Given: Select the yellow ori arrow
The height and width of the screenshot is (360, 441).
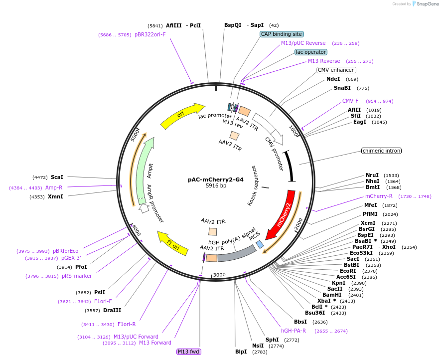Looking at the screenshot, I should (x=182, y=116).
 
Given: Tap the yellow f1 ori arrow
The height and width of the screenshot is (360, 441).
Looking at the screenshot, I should (x=172, y=242).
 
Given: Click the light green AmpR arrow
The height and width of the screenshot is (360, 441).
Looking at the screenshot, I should (x=145, y=170).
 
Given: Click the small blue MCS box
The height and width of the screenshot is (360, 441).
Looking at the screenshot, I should (x=260, y=244).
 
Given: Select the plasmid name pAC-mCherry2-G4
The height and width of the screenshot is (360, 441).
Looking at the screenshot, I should (x=215, y=180).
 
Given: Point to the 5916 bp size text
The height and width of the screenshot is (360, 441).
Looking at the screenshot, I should (x=216, y=186).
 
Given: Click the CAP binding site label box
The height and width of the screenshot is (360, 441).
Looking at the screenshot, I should (x=282, y=34).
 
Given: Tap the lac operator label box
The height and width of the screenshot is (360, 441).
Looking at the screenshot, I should (x=311, y=52).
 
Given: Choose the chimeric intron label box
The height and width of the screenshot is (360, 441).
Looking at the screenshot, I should (x=381, y=151).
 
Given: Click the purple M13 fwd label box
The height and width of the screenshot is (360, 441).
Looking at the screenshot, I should (x=189, y=352).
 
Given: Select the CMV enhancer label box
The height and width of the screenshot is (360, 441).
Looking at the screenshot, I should (x=336, y=70).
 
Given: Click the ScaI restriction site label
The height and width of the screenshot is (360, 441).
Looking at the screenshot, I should (x=57, y=177).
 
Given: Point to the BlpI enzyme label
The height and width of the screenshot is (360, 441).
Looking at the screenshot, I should (x=241, y=352).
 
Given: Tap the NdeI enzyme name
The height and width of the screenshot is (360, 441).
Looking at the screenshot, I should (x=333, y=79).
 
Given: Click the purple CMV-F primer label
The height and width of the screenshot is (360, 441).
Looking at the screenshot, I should (x=350, y=101).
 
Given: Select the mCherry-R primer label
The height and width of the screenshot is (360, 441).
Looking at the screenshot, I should (x=379, y=196).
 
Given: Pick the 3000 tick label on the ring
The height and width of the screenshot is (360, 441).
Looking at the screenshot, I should (x=220, y=275).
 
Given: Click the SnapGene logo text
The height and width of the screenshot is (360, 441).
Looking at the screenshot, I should (x=427, y=3).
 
